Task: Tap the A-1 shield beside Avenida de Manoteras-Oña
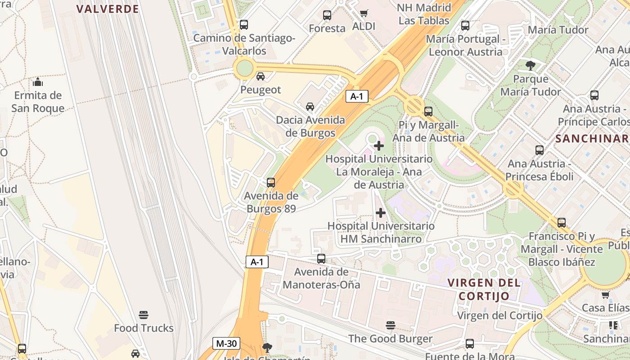(256, 262)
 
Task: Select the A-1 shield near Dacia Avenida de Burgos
(356, 96)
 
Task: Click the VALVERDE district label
(108, 9)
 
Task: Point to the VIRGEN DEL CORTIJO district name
(484, 289)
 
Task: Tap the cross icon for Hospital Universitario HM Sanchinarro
(381, 212)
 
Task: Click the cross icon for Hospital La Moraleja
(379, 146)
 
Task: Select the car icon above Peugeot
(260, 76)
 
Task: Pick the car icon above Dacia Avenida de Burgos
(310, 107)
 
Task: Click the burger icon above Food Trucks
(144, 315)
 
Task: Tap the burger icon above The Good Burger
(390, 325)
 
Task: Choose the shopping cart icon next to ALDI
(364, 13)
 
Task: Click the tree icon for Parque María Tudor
(531, 66)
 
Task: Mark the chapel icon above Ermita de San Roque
(38, 82)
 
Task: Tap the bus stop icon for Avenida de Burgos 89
(270, 182)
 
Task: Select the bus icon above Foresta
(327, 15)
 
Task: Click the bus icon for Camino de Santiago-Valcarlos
(243, 25)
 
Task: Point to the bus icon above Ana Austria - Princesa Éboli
(539, 150)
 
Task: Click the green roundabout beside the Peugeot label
(244, 68)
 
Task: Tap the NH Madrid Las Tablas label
(424, 14)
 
